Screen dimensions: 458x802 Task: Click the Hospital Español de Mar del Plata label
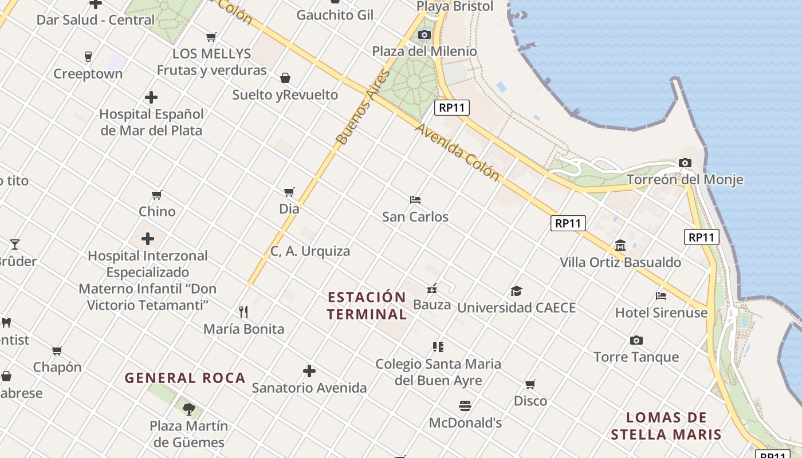pos(151,122)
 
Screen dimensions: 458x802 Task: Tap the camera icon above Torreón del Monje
pos(685,163)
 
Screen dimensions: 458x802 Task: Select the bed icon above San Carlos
pos(415,200)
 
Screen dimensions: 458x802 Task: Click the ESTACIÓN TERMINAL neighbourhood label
pos(367,306)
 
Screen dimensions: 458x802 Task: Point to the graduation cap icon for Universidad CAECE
pos(516,291)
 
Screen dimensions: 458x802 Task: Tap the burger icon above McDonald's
pos(465,406)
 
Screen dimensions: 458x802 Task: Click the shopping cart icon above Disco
pos(530,384)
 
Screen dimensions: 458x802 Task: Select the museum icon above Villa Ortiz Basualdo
pos(620,246)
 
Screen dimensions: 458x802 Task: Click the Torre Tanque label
pos(636,357)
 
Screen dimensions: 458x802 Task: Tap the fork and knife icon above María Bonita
pos(243,312)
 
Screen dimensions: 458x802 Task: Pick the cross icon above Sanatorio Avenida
pos(309,371)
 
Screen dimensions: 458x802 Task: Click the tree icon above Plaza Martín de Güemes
pos(188,409)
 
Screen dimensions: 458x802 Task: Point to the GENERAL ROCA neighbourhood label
pos(185,378)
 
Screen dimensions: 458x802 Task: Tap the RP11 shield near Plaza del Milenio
pos(451,107)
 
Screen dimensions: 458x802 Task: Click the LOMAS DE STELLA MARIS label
pos(666,425)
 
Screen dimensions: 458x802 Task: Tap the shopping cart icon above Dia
pos(289,192)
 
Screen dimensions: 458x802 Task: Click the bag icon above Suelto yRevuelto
pos(285,78)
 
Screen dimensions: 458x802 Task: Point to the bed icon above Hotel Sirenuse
pos(661,296)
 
